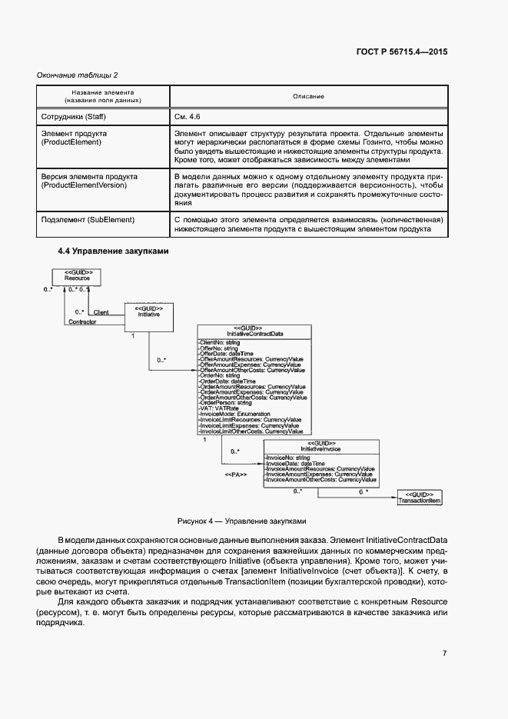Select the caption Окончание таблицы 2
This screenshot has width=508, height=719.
[x=78, y=75]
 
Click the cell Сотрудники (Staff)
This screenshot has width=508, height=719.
[x=72, y=116]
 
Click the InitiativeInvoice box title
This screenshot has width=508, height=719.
[x=320, y=448]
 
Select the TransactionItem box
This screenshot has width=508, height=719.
[x=419, y=497]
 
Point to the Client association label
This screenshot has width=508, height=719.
[x=100, y=312]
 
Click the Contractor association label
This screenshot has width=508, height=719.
[x=83, y=321]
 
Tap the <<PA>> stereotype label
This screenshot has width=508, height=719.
[x=235, y=475]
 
